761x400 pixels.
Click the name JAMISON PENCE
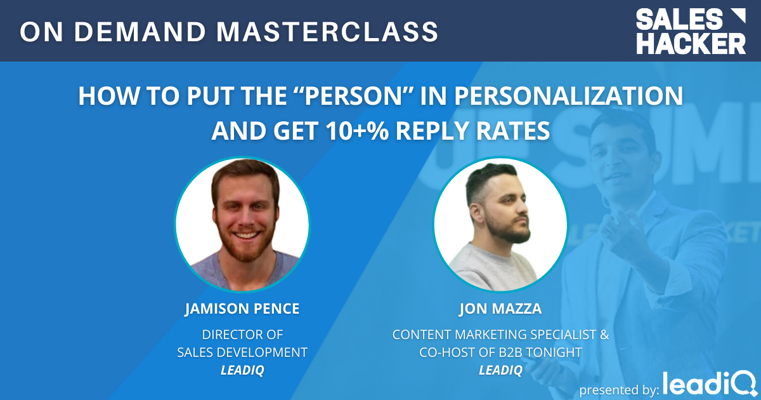(242, 310)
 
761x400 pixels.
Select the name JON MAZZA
(500, 310)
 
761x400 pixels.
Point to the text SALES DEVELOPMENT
(242, 352)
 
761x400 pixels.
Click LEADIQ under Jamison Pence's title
(242, 370)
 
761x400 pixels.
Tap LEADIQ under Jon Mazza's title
(500, 370)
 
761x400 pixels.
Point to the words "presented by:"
(618, 388)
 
